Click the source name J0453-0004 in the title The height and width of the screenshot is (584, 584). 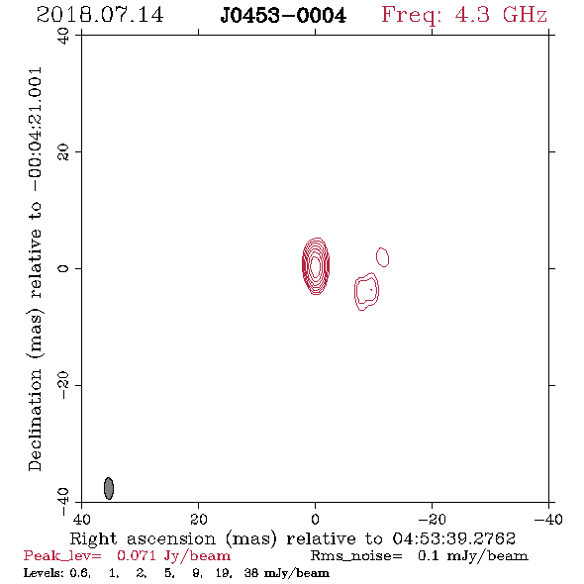[283, 16]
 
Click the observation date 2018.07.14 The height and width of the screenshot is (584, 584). [100, 15]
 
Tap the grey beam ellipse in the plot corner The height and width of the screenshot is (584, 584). [108, 488]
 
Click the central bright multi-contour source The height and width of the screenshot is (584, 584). [316, 266]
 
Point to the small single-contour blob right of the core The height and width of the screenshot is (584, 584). [382, 257]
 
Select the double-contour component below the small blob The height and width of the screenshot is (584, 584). [366, 291]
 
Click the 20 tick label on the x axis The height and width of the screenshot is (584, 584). [198, 519]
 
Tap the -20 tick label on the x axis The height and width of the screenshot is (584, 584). [432, 519]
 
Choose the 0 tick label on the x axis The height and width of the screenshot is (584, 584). [315, 519]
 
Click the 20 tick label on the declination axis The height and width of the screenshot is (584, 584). [63, 152]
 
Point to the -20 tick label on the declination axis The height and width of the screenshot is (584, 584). [63, 385]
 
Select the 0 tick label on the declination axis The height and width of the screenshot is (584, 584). [63, 268]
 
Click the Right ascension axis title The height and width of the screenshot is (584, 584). [293, 538]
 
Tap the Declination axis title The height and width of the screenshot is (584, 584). [35, 269]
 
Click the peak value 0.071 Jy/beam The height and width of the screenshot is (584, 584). [173, 555]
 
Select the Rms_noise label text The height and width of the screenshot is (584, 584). [356, 556]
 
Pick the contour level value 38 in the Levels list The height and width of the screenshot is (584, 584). [251, 572]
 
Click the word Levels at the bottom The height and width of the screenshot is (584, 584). [43, 572]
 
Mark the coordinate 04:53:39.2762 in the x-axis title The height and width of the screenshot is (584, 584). [454, 538]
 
